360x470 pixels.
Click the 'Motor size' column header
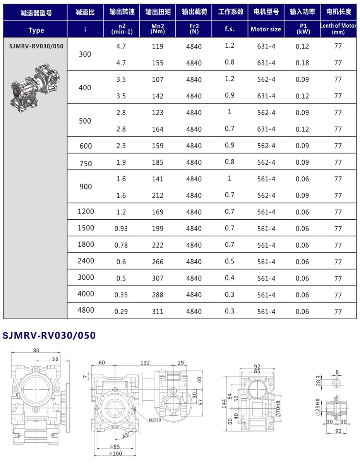266,29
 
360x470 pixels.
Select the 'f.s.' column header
230,29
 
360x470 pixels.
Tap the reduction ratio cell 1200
86,212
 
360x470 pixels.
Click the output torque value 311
158,312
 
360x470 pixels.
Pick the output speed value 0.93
121,229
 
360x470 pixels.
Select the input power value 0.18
302,63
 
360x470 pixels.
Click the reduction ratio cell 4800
86,310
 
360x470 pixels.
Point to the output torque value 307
158,278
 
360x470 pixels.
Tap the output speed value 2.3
121,146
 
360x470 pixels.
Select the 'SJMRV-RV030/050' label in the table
36,46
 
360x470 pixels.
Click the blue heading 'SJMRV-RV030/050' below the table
49,335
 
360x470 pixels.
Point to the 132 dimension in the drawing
145,363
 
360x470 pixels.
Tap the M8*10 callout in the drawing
154,420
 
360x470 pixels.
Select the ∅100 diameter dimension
116,453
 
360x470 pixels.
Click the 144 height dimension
225,404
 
